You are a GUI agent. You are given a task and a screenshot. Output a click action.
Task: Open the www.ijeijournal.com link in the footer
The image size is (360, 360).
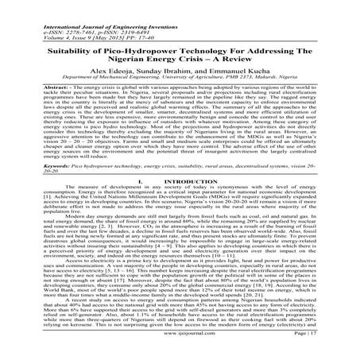pos(180,346)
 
